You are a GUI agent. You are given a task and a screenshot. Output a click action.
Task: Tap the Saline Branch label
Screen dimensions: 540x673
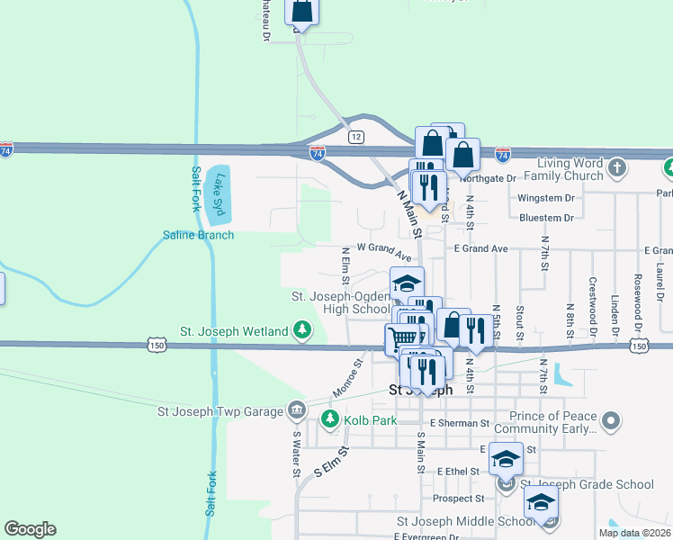pyautogui.click(x=198, y=235)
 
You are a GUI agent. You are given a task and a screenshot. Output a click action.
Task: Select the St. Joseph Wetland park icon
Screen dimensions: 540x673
pyautogui.click(x=302, y=331)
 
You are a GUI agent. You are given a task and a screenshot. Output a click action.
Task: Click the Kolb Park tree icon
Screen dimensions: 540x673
pyautogui.click(x=330, y=418)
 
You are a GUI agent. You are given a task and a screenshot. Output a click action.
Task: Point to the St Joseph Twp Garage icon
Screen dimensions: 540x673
pyautogui.click(x=296, y=411)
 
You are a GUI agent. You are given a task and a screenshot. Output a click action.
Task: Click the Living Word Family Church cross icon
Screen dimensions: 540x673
pyautogui.click(x=617, y=166)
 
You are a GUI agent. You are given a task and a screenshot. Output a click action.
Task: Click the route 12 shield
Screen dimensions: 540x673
pyautogui.click(x=357, y=136)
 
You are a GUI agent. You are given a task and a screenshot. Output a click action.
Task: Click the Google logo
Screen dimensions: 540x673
pyautogui.click(x=30, y=528)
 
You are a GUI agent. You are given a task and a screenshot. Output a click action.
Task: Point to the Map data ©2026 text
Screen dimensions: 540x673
pyautogui.click(x=634, y=533)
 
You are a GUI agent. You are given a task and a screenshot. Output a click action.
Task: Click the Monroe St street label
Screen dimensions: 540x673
pyautogui.click(x=347, y=379)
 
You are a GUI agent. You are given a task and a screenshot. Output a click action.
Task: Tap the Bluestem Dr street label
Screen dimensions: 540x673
pyautogui.click(x=546, y=218)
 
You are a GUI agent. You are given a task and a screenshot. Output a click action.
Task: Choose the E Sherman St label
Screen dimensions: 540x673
pyautogui.click(x=459, y=422)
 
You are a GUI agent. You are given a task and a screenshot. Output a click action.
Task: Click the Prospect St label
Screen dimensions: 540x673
pyautogui.click(x=458, y=498)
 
